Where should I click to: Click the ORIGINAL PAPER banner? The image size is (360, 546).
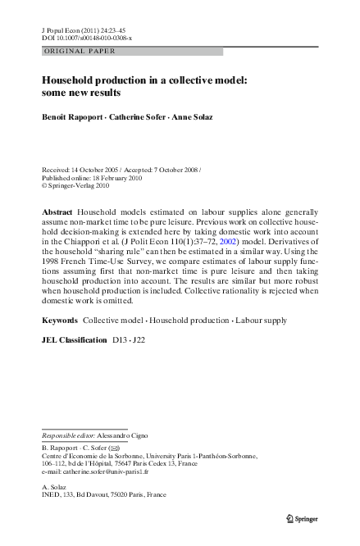click(x=79, y=52)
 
